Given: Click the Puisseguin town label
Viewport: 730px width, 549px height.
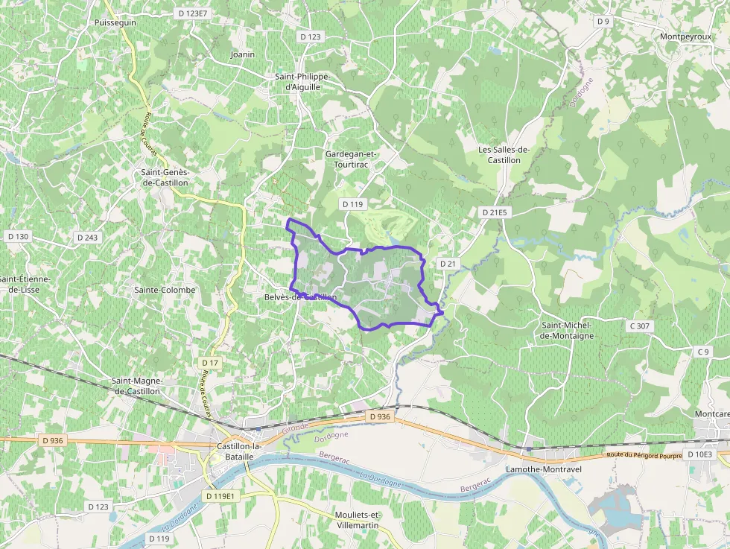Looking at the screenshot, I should (x=115, y=23).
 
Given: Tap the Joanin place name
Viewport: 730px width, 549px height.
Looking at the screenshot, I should (x=243, y=54).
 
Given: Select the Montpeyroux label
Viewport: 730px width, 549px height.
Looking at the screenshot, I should (x=686, y=36).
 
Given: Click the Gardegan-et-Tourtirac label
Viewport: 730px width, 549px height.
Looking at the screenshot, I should (x=352, y=159).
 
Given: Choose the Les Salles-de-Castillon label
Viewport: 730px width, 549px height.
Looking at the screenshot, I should (x=504, y=154).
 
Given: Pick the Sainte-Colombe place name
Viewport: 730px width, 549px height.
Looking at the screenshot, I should (x=165, y=290).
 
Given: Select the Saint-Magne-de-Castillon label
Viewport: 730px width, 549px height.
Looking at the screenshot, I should (x=136, y=385).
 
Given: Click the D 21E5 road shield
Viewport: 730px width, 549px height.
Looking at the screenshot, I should (x=494, y=212).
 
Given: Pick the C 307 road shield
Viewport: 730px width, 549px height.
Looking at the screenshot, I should (x=639, y=326).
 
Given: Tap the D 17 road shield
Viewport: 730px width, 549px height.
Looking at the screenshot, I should (x=210, y=363).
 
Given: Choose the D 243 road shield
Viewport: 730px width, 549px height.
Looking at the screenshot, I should (x=87, y=238).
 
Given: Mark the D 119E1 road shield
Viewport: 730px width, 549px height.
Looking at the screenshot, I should (x=220, y=495).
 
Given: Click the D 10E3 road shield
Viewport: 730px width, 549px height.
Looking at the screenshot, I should (x=699, y=454).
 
